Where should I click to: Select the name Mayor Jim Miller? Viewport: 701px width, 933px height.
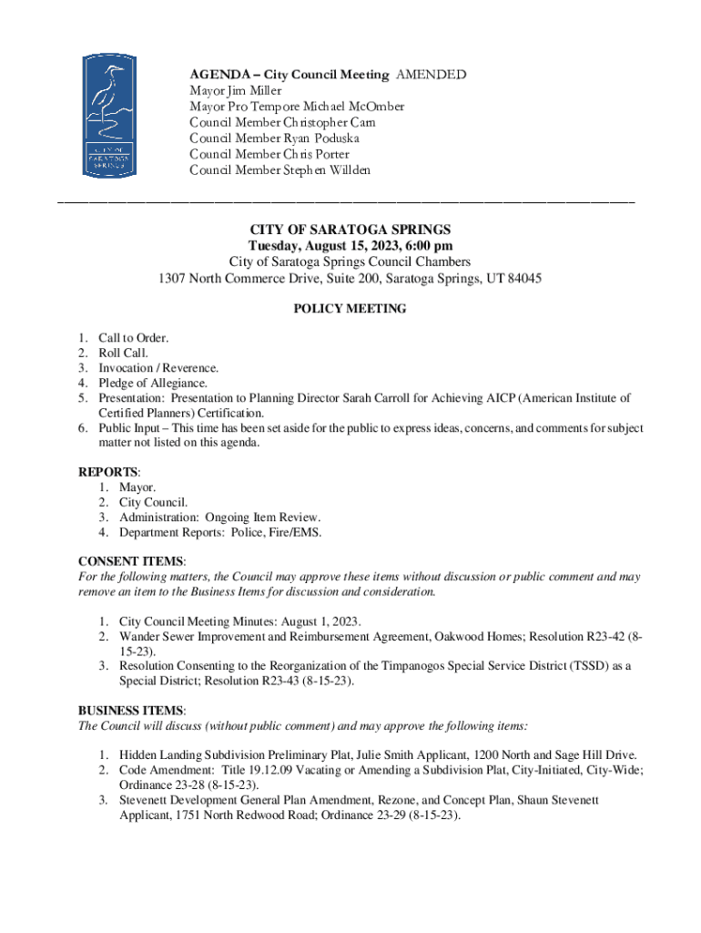click(x=235, y=91)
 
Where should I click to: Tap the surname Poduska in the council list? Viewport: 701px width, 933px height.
click(x=337, y=138)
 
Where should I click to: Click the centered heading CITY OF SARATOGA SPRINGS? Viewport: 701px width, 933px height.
click(x=350, y=231)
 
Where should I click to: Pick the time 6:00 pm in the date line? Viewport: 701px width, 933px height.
click(x=427, y=246)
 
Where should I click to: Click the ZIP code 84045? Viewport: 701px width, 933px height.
click(x=523, y=279)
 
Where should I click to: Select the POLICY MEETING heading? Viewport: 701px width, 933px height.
click(x=350, y=309)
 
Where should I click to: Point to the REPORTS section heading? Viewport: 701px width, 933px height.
click(x=107, y=472)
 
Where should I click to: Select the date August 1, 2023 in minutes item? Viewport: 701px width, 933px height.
click(x=320, y=621)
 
